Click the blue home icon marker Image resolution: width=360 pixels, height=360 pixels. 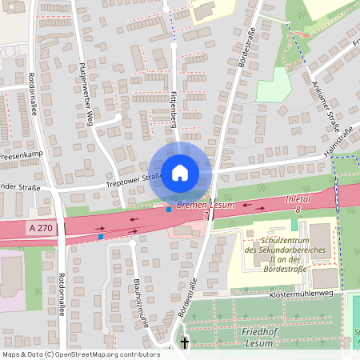pyautogui.click(x=180, y=173)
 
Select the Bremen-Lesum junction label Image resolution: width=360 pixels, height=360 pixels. pyautogui.click(x=206, y=206)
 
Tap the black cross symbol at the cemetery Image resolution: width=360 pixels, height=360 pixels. pyautogui.click(x=186, y=342)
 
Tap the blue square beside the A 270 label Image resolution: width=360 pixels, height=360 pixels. pyautogui.click(x=101, y=237)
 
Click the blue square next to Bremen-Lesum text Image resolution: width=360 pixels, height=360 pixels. pyautogui.click(x=168, y=210)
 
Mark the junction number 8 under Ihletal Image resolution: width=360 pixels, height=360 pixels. pyautogui.click(x=298, y=209)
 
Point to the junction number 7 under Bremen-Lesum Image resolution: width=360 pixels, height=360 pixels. pyautogui.click(x=206, y=215)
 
